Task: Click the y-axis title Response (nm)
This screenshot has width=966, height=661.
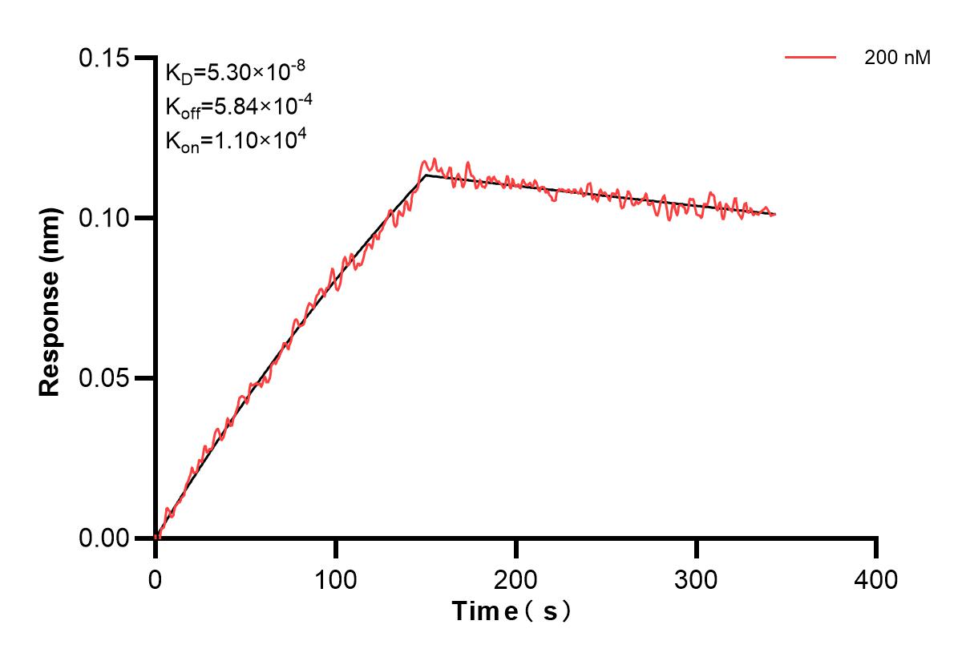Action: pyautogui.click(x=51, y=302)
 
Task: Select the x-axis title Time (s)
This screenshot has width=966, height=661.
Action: pyautogui.click(x=511, y=612)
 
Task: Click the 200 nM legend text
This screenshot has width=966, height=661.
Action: pyautogui.click(x=897, y=58)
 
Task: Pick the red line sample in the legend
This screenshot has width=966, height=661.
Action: pyautogui.click(x=810, y=58)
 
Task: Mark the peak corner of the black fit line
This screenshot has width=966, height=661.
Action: pyautogui.click(x=426, y=175)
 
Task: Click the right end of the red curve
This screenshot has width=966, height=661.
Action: pyautogui.click(x=775, y=214)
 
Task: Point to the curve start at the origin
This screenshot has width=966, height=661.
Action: pyautogui.click(x=156, y=538)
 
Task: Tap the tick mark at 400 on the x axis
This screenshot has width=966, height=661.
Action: pyautogui.click(x=877, y=548)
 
